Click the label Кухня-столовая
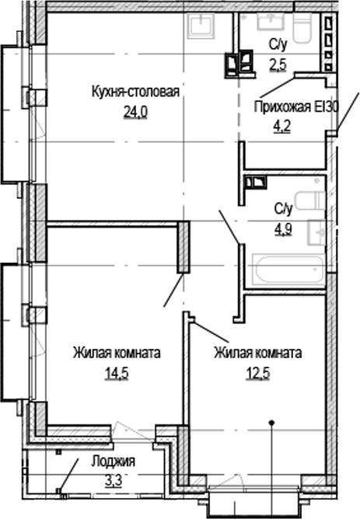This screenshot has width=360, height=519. coord(135,93)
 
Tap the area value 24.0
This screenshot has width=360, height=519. coord(135,112)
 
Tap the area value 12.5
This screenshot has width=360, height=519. coord(258,371)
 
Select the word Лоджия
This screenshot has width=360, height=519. coord(113,461)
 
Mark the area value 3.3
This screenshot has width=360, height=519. coord(113,478)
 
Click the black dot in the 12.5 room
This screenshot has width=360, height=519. coord(272,423)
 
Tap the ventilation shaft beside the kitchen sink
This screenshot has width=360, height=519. coord(239,61)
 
